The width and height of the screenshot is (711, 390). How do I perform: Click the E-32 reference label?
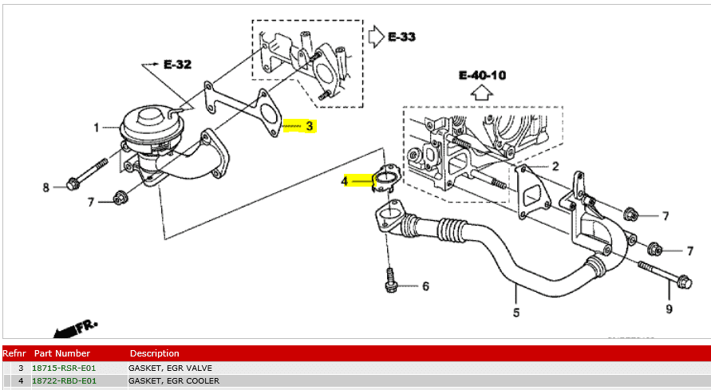click(177, 65)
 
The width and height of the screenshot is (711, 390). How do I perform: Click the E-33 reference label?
click(401, 37)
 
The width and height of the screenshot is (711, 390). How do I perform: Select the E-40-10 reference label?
click(482, 75)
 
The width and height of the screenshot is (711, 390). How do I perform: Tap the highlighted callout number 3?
click(310, 126)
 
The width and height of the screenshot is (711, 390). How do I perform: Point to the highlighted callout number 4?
click(345, 181)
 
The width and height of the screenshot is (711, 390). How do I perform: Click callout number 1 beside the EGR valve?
click(96, 128)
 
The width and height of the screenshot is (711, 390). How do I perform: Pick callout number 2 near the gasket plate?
click(555, 167)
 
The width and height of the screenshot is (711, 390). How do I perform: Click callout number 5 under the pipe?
click(516, 313)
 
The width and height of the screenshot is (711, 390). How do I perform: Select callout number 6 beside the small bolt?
click(425, 286)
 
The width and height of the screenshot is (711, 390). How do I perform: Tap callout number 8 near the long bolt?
click(45, 187)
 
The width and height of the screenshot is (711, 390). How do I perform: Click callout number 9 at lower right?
click(670, 309)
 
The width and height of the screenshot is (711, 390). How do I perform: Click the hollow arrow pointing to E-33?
click(376, 36)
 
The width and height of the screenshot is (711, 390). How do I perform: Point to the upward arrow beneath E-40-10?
click(482, 93)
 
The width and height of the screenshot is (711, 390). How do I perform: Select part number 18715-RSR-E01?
click(64, 368)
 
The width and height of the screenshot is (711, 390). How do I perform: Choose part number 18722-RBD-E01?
click(64, 381)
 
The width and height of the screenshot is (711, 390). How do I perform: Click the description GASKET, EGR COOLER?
click(174, 381)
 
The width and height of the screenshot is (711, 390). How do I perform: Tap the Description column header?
click(155, 353)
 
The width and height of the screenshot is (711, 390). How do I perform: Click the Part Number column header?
click(62, 353)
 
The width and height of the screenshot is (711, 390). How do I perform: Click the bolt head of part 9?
click(685, 283)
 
